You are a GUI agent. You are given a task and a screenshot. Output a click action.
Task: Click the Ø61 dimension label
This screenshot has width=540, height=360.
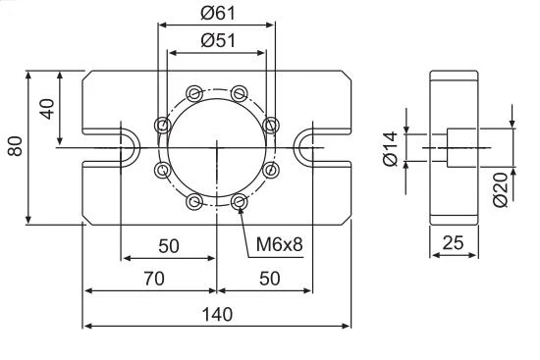(218, 13)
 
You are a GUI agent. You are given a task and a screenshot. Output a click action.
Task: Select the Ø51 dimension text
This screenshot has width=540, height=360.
(218, 40)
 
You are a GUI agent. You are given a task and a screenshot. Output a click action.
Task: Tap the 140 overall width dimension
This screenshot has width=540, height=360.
(217, 314)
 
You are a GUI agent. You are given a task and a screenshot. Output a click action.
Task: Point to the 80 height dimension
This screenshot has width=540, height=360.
(15, 146)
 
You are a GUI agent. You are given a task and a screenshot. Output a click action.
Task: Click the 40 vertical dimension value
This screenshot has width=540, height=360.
(47, 109)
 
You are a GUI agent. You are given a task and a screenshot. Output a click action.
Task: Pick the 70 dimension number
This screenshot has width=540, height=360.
(154, 278)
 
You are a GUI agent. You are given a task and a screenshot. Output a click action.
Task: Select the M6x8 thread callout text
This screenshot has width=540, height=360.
(279, 244)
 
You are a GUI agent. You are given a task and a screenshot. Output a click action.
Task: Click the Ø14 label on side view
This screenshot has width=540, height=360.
(390, 149)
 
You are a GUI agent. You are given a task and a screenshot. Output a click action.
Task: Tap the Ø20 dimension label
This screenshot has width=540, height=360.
(500, 189)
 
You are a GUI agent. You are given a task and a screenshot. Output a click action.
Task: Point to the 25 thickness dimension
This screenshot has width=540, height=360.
(453, 242)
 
